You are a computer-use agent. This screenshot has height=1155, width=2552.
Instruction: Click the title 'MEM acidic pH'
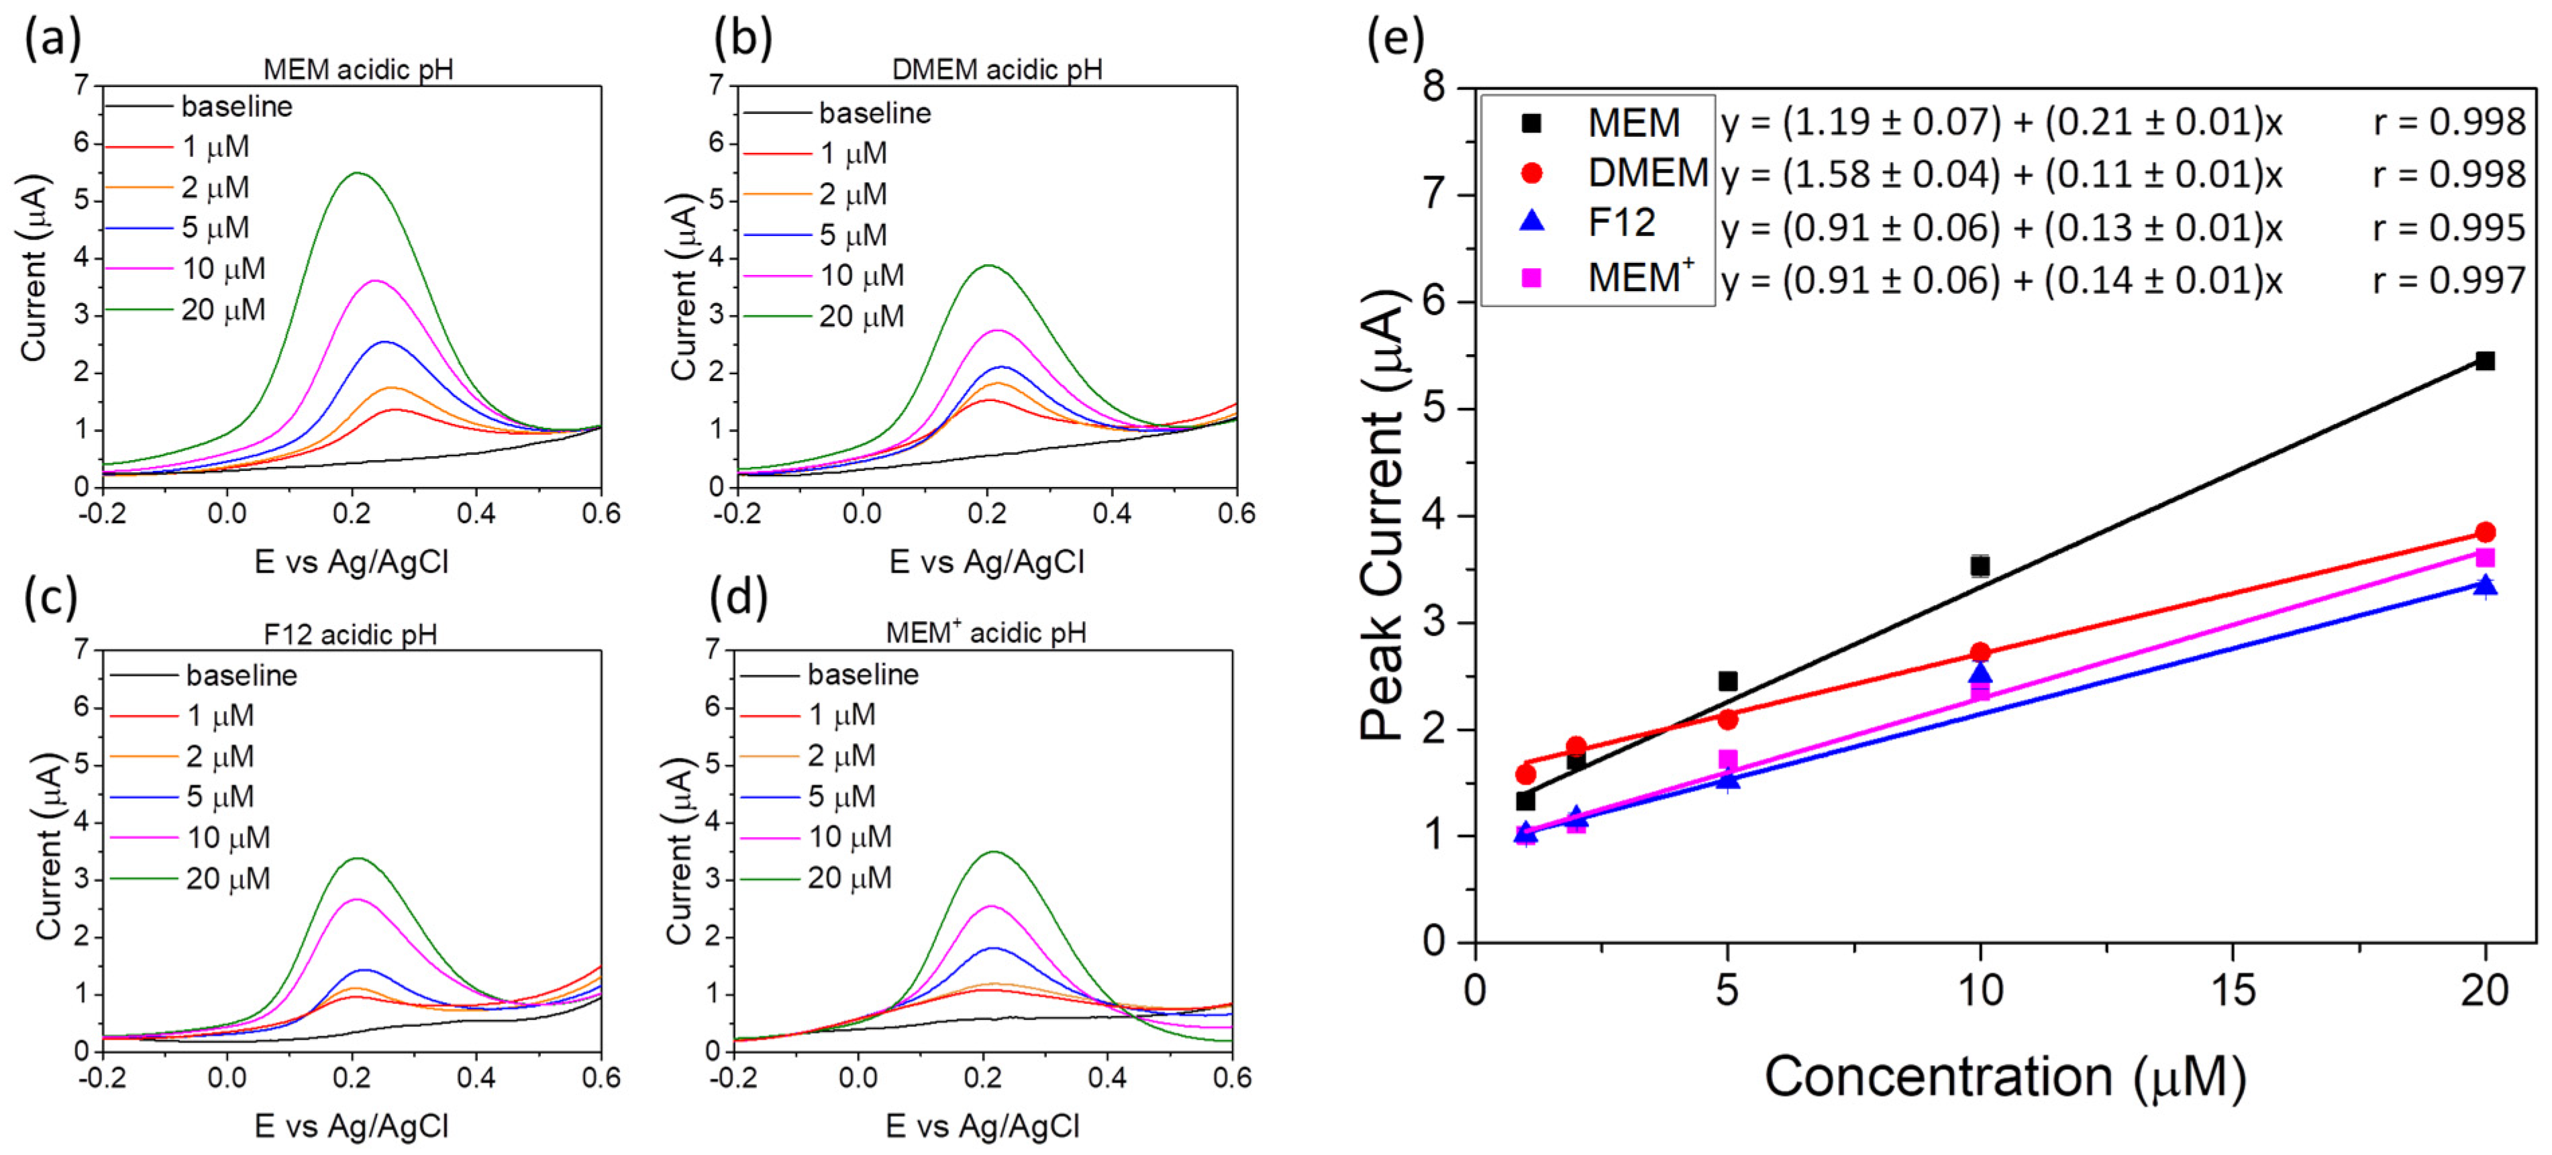click(358, 69)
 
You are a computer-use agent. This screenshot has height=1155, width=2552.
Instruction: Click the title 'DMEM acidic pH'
click(997, 69)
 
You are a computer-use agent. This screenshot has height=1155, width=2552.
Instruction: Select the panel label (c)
click(50, 598)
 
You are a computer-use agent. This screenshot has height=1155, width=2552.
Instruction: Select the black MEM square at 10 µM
click(1980, 565)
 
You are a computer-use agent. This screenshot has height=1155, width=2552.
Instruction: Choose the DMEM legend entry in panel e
click(1647, 172)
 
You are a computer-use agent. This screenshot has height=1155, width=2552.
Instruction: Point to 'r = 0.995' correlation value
click(2448, 228)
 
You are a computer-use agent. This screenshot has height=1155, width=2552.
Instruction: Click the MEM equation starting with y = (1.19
click(2000, 122)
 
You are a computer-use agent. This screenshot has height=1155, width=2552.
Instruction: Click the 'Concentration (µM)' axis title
click(2004, 1077)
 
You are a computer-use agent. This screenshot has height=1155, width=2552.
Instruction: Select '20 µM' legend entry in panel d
click(849, 879)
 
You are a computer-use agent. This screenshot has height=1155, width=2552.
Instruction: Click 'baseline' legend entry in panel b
click(874, 113)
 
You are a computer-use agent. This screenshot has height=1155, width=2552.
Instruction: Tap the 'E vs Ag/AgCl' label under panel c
click(352, 1125)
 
